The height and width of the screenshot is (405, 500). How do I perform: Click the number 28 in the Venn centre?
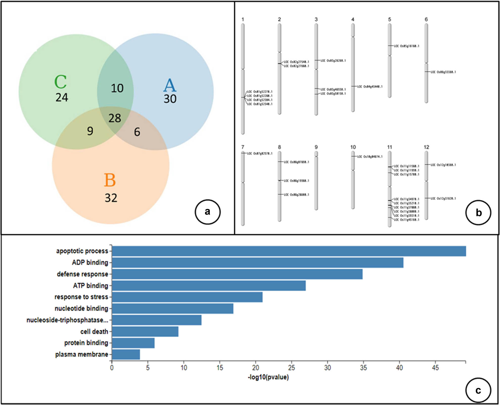tap(115, 118)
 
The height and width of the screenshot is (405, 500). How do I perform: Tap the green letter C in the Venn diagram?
tap(61, 82)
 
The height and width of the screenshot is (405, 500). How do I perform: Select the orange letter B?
tap(110, 180)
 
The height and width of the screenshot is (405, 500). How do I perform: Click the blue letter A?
tap(170, 85)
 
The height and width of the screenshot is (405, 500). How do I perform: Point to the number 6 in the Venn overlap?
tap(137, 132)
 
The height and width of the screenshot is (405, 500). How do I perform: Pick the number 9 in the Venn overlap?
tap(90, 131)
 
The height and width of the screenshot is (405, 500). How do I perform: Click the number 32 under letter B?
tap(111, 198)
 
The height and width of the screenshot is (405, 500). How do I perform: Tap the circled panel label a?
tap(208, 212)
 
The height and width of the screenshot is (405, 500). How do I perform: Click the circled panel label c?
tap(478, 390)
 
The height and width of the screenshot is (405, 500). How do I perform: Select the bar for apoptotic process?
tap(289, 251)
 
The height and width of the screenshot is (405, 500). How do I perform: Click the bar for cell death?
tap(145, 331)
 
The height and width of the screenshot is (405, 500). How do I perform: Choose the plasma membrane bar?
tap(126, 354)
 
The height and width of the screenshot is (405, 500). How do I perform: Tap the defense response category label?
tap(82, 274)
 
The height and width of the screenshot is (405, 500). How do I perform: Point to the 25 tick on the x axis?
tap(291, 368)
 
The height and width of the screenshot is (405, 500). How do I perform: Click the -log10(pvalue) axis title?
tap(268, 377)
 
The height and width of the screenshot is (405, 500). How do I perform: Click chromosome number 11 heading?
tap(390, 147)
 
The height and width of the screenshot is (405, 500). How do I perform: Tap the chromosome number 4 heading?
tap(353, 19)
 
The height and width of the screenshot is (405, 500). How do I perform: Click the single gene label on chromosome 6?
tap(443, 72)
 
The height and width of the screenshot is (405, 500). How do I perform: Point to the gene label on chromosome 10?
tap(370, 157)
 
